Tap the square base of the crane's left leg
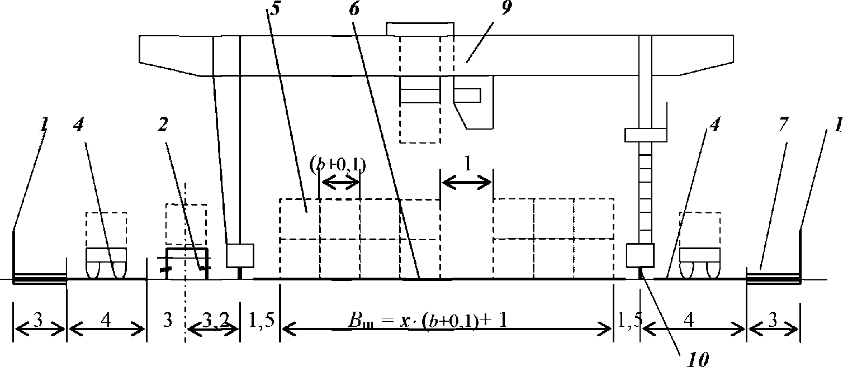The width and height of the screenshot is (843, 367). pyautogui.click(x=240, y=256)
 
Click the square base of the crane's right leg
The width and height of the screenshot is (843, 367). pyautogui.click(x=640, y=255)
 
